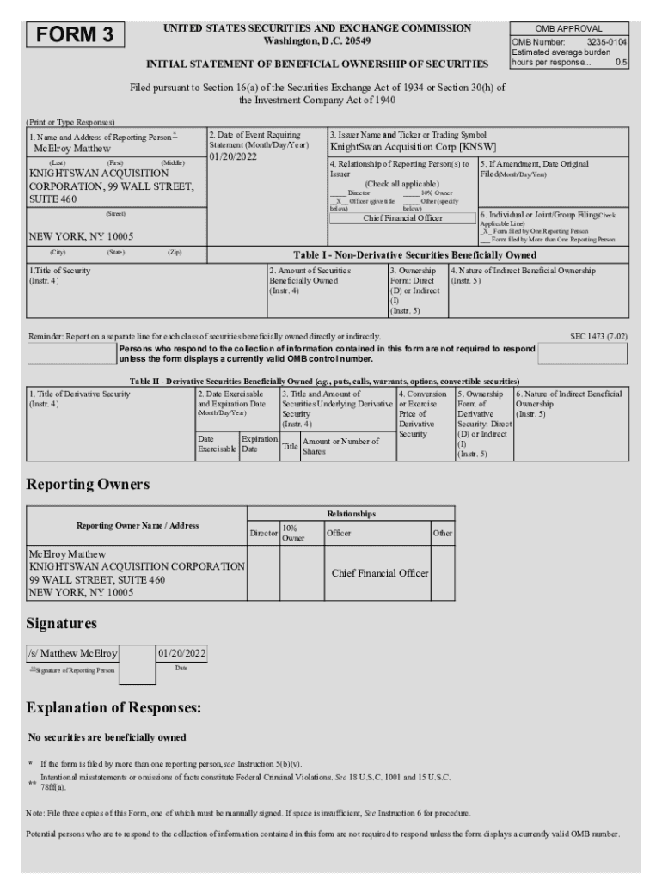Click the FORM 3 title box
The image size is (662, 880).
[x=76, y=35]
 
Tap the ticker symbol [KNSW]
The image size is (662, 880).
[x=479, y=147]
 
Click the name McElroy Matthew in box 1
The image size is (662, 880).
[x=72, y=148]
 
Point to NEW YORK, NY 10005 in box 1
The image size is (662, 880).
[x=82, y=236]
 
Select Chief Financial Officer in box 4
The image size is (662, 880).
[x=402, y=218]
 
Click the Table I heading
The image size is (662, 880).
[x=415, y=255]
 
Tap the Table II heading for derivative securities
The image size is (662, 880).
[x=324, y=381]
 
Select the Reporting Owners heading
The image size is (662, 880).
[x=88, y=485]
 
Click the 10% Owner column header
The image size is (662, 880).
[x=292, y=533]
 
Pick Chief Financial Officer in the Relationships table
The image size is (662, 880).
[x=380, y=573]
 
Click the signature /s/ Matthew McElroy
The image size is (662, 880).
[x=73, y=653]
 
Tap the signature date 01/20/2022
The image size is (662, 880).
[x=181, y=653]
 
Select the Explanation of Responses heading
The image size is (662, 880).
[x=113, y=708]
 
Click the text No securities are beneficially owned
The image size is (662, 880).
[x=107, y=737]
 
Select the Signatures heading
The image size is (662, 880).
[x=62, y=623]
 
